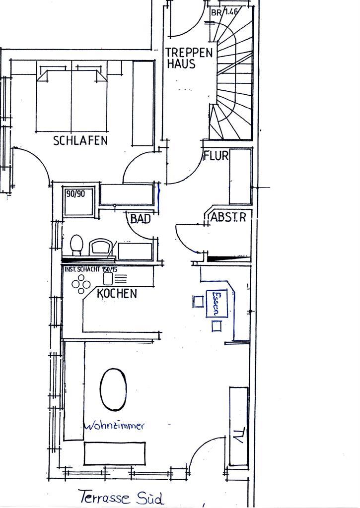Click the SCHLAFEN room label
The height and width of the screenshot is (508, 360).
coord(80,140)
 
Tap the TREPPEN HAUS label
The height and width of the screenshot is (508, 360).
coord(189,58)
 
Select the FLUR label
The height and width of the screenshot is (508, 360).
coord(216,155)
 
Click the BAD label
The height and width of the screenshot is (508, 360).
coord(141,219)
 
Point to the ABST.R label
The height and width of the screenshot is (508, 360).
coord(228,217)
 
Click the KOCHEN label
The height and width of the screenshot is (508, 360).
coord(117,293)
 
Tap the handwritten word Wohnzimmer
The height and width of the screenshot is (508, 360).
coord(114,425)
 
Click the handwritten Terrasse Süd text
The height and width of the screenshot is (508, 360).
coord(121,497)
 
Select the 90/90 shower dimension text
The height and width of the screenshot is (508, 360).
coord(75,194)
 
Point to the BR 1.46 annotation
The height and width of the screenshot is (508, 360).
coord(224,12)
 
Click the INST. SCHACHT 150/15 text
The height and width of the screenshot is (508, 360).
coord(91,269)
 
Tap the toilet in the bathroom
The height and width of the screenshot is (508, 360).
coord(76,245)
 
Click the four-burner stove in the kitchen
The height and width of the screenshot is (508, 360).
coord(81,284)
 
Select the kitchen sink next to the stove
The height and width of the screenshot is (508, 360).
coord(108,278)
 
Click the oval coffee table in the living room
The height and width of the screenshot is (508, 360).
coord(113,389)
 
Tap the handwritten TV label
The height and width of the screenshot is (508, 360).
coord(238,436)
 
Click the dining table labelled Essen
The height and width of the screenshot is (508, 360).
coord(216,303)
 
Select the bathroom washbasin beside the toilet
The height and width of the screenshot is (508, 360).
coord(101,248)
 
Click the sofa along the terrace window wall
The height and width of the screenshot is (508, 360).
coord(115,453)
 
